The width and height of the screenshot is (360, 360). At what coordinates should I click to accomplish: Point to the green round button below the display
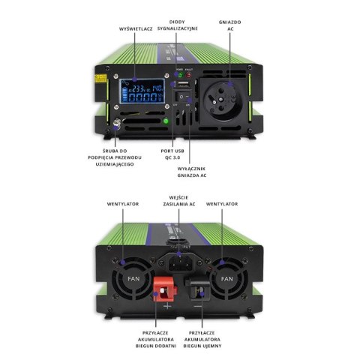click(166, 121)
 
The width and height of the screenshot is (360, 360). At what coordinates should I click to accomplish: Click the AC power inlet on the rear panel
click(182, 263)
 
